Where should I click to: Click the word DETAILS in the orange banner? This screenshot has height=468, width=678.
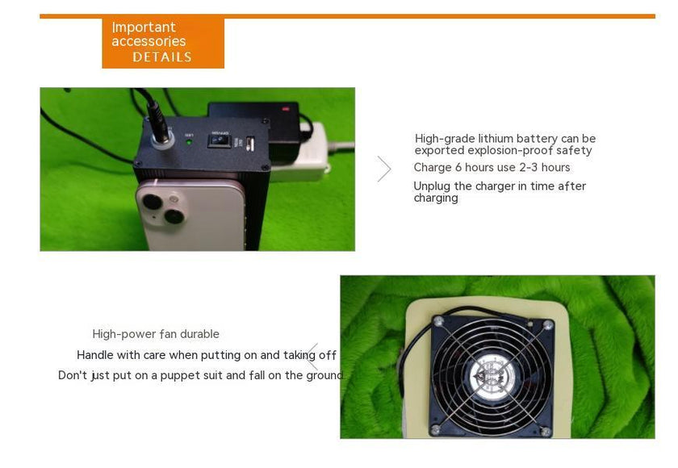[x=162, y=57]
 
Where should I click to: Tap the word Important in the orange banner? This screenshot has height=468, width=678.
[x=144, y=27]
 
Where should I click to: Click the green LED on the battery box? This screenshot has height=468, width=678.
[x=189, y=142]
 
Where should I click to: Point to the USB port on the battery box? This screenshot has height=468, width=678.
[x=250, y=143]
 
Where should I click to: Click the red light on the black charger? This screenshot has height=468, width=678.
[x=286, y=108]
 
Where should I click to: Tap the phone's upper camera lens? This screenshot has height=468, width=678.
[x=153, y=202]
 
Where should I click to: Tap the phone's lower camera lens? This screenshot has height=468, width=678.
[x=174, y=216]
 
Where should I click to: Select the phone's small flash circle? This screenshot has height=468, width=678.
[x=174, y=199]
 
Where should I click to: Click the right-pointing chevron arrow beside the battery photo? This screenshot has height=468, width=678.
[x=384, y=169]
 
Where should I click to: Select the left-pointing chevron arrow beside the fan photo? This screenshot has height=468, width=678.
[x=312, y=357]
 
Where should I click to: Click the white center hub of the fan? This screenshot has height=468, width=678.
[x=492, y=376]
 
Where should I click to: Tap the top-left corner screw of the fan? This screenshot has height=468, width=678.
[x=439, y=320]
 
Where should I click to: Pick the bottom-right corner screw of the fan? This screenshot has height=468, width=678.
[x=546, y=431]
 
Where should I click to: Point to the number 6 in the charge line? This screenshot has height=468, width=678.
[x=458, y=167]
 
